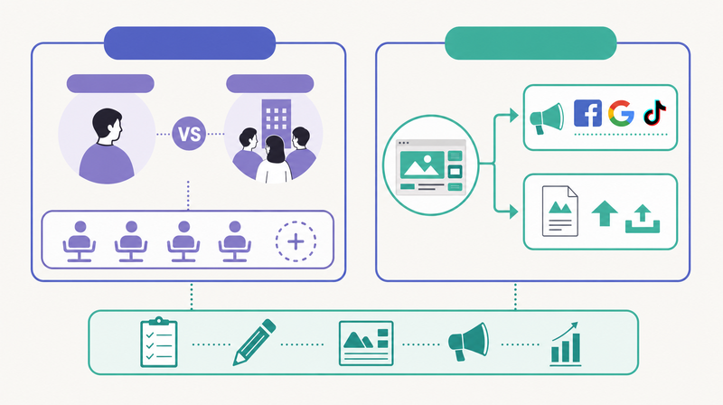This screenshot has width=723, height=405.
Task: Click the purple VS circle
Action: pos(189,134)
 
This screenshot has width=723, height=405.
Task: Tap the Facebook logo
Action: pos(587,113)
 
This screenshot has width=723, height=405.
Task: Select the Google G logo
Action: pos(621,113)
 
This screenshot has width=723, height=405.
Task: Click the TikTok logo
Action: pos(654,113)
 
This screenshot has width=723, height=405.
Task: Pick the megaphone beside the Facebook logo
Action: pos(547,118)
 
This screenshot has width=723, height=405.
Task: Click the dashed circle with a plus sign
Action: pos(296,241)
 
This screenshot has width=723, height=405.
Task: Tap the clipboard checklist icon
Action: pos(159,342)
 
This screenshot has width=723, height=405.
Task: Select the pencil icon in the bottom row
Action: pos(254,343)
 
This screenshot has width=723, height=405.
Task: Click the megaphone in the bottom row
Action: pos(468,342)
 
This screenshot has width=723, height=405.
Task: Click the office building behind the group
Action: pos(277,120)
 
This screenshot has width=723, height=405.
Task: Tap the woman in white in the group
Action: pos(275,160)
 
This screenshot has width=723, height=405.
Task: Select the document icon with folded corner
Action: pos(559,211)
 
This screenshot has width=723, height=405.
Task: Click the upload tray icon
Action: pos(643,219)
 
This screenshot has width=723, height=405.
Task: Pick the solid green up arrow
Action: pos(605,213)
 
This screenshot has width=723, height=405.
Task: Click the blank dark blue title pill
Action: pos(190,42)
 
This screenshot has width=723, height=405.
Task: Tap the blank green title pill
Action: pos(531,42)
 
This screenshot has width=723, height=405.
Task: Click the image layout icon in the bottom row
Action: pos(366,344)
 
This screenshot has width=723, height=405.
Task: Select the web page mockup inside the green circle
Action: pos(431,166)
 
